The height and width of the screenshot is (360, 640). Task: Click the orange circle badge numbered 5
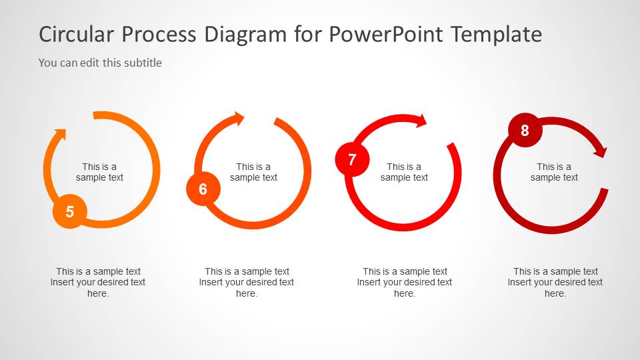click(70, 212)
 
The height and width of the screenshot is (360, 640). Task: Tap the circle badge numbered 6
click(203, 189)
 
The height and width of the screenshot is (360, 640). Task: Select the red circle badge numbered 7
click(352, 160)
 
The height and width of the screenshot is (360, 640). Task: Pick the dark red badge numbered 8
click(525, 130)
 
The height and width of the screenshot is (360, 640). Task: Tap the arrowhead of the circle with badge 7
click(420, 120)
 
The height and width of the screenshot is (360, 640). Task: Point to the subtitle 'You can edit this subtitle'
click(100, 63)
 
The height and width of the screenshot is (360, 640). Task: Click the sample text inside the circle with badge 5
click(99, 172)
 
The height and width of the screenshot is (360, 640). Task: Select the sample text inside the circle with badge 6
click(253, 172)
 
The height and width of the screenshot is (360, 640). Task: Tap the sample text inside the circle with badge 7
click(404, 172)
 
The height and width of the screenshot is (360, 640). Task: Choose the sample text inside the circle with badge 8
click(554, 172)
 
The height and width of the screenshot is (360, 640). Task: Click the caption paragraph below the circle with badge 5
click(98, 282)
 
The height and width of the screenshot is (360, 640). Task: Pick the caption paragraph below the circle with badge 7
click(405, 282)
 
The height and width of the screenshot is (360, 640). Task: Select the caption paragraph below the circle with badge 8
click(555, 282)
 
